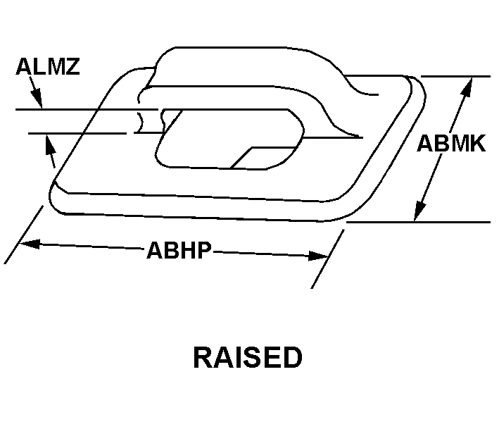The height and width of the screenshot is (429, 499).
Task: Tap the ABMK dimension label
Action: pyautogui.click(x=451, y=144)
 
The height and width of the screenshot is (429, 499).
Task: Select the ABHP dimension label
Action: pyautogui.click(x=179, y=250)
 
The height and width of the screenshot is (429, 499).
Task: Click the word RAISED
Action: pyautogui.click(x=248, y=358)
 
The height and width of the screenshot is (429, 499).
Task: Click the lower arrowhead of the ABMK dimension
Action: pyautogui.click(x=419, y=211)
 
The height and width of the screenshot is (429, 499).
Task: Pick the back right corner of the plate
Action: pyautogui.click(x=415, y=85)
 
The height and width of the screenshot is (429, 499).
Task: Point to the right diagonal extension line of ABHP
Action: pyautogui.click(x=327, y=257)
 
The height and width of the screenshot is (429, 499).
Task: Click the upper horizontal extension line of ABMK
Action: pyautogui.click(x=450, y=76)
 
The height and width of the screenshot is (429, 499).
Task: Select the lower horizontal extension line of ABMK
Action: pyautogui.click(x=422, y=222)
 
